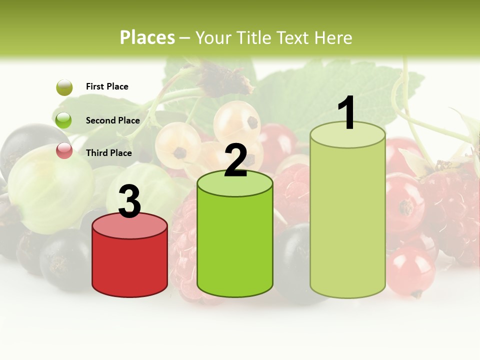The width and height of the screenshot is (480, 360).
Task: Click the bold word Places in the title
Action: pyautogui.click(x=147, y=37)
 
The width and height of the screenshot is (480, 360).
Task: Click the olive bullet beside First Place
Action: pyautogui.click(x=64, y=87)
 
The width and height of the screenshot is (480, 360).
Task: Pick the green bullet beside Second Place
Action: pyautogui.click(x=64, y=120)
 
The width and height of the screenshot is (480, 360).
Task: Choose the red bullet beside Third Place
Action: pyautogui.click(x=64, y=150)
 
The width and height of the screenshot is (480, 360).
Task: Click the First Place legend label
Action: pyautogui.click(x=107, y=86)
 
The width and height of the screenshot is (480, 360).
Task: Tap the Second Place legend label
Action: pyautogui.click(x=112, y=120)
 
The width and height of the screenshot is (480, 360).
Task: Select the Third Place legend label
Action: pyautogui.click(x=108, y=153)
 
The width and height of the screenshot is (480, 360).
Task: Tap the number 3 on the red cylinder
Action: pyautogui.click(x=129, y=201)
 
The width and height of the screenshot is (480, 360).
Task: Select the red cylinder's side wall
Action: pyautogui.click(x=129, y=265)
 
